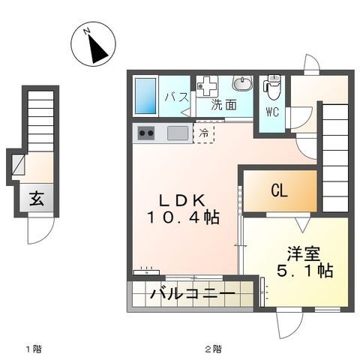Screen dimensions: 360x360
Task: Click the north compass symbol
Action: click(94, 46)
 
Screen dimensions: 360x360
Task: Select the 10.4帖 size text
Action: click(183, 218)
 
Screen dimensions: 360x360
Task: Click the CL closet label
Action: click(279, 191)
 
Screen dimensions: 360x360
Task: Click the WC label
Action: click(272, 113)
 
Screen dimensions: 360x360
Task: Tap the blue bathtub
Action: click(145, 95)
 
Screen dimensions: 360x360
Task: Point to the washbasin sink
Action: click(242, 85)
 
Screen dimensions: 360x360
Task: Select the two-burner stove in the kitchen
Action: click(145, 134)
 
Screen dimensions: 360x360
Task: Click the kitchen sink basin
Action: click(178, 133)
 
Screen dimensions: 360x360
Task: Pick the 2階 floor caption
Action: click(213, 349)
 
